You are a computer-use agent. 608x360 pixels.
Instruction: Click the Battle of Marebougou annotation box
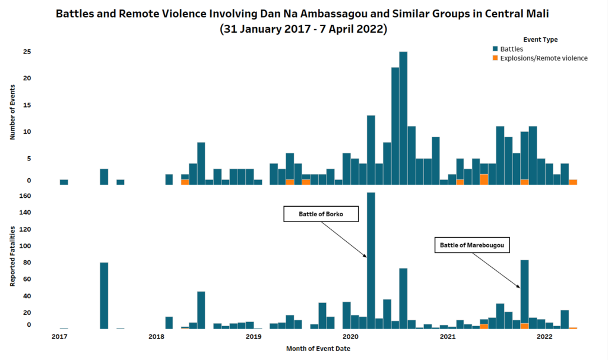click(x=475, y=245)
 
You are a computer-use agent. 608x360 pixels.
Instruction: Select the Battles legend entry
click(x=511, y=49)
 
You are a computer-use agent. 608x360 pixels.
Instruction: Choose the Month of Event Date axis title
click(x=318, y=349)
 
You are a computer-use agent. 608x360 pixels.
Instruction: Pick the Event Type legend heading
click(x=540, y=39)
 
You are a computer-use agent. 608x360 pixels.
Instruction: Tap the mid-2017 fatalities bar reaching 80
click(x=104, y=295)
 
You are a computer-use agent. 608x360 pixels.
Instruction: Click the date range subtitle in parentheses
click(x=303, y=29)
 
